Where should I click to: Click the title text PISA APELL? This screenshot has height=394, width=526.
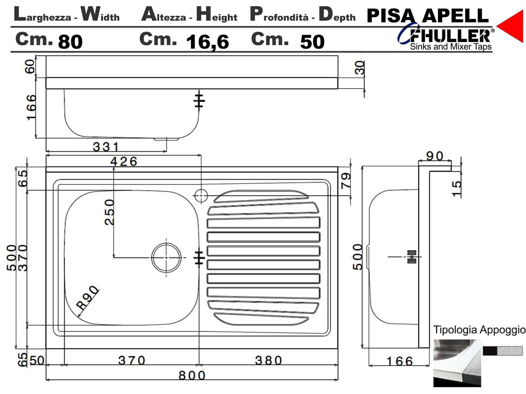[x=427, y=16]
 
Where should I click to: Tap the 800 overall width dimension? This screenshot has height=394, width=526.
[x=192, y=375]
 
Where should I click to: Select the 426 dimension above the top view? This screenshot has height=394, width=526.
[x=124, y=162]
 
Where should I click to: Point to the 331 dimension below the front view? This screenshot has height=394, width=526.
[x=106, y=147]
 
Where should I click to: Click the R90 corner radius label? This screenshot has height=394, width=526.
[x=87, y=298]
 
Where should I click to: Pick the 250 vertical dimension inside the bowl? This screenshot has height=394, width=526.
[x=109, y=212]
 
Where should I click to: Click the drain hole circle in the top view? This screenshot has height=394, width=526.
[x=166, y=258]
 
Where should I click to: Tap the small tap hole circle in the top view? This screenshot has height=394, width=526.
[x=201, y=196]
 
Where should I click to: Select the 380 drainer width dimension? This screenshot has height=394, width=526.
[x=268, y=360]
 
